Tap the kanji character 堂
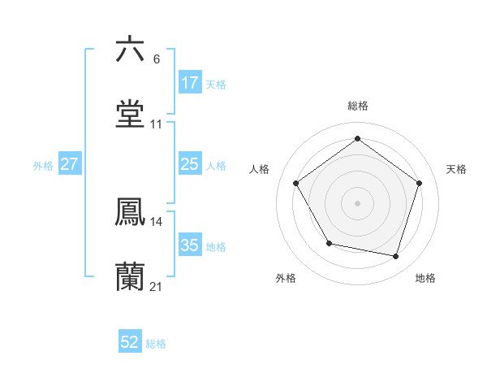[x=131, y=114]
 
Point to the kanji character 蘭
[x=131, y=276]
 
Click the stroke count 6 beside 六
[x=157, y=59]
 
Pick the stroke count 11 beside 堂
[x=157, y=124]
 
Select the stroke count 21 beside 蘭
[x=157, y=287]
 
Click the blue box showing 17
[x=189, y=83]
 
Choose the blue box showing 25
[x=189, y=164]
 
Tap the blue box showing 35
[x=189, y=245]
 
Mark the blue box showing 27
[x=70, y=164]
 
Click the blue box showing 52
[x=130, y=343]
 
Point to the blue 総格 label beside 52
[x=156, y=344]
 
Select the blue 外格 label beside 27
[x=43, y=165]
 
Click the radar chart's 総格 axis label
[x=358, y=106]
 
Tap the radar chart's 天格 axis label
[x=457, y=169]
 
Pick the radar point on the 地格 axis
[x=396, y=256]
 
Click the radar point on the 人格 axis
[x=296, y=184]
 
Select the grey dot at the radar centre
[x=358, y=202]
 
